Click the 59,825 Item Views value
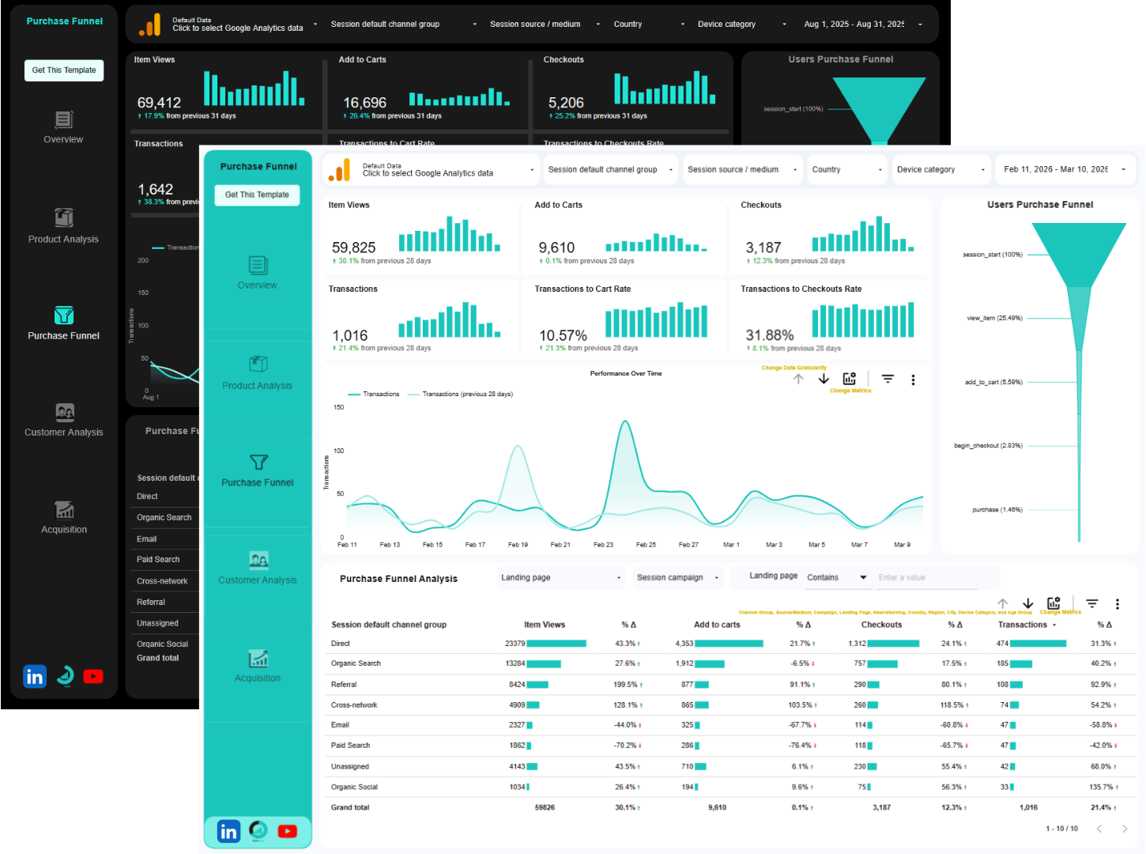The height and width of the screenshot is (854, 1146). point(353,248)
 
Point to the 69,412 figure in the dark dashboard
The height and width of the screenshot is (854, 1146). point(159,103)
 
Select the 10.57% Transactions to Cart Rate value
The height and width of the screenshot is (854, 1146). point(563,336)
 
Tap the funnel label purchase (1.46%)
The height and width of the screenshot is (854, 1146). point(997,510)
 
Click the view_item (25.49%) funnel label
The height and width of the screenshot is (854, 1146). point(994,318)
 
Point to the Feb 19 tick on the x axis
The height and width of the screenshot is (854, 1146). point(518,545)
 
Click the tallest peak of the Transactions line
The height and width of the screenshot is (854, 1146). point(625,422)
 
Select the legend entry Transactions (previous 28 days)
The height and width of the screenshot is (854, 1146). point(466,394)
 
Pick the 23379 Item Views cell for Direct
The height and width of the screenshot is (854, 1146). point(515,644)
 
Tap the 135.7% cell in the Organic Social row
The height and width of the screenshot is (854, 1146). point(1101,788)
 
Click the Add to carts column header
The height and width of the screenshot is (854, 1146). point(717,625)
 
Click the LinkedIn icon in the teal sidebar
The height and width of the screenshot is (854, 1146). point(228,831)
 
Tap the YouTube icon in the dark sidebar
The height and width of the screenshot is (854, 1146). point(93,676)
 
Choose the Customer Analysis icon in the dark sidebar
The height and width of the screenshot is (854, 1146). point(64,412)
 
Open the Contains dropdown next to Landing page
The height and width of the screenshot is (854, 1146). point(836,578)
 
